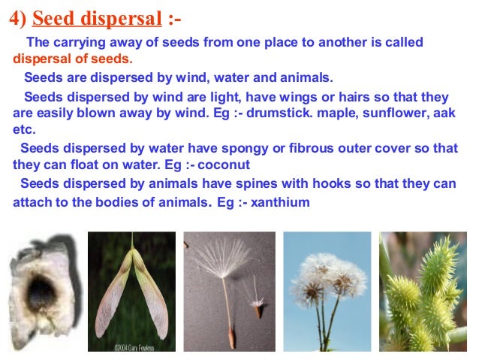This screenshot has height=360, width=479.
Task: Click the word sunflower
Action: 400,113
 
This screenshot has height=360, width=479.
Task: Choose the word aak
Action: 447,113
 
